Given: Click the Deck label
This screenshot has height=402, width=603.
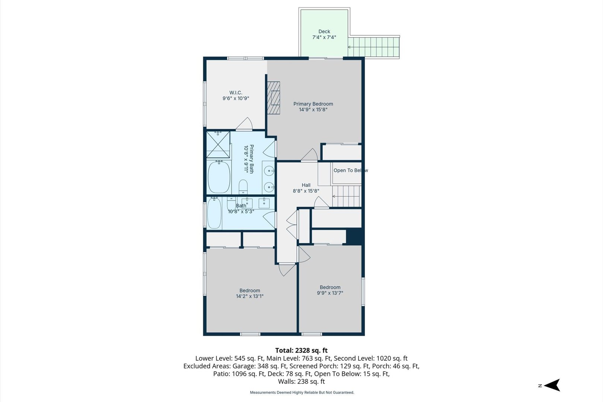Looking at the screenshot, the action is (x=324, y=32).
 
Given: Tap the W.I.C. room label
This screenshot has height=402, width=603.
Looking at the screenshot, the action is (x=236, y=93).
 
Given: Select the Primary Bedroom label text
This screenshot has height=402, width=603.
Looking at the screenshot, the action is (x=313, y=104).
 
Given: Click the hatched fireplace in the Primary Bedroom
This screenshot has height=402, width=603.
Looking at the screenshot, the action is (x=274, y=98).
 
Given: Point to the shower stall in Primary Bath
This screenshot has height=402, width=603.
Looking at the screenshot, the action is (x=218, y=144).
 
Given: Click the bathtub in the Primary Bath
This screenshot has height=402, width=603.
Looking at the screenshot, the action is (x=219, y=177).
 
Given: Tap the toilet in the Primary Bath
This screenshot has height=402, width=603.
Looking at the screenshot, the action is (x=243, y=186).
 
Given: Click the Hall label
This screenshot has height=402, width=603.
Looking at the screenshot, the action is (x=306, y=185).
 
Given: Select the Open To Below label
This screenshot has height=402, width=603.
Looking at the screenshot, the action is (x=351, y=170).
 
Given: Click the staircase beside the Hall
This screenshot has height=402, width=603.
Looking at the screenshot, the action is (x=347, y=196).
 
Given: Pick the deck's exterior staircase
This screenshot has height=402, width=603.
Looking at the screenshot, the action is (x=374, y=47).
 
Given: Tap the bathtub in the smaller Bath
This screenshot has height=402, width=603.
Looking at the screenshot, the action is (x=214, y=213).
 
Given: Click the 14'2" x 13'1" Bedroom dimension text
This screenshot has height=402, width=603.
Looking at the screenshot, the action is (x=249, y=296).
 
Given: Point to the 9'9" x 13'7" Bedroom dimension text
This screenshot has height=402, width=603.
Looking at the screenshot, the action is (x=330, y=293).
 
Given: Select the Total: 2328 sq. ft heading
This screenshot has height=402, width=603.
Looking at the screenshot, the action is (x=301, y=350).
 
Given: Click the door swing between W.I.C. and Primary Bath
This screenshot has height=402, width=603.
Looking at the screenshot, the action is (x=244, y=124).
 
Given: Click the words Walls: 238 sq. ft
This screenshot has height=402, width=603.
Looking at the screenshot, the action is (x=301, y=381).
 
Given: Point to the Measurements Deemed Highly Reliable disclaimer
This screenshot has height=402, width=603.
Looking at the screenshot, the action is (x=302, y=393).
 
